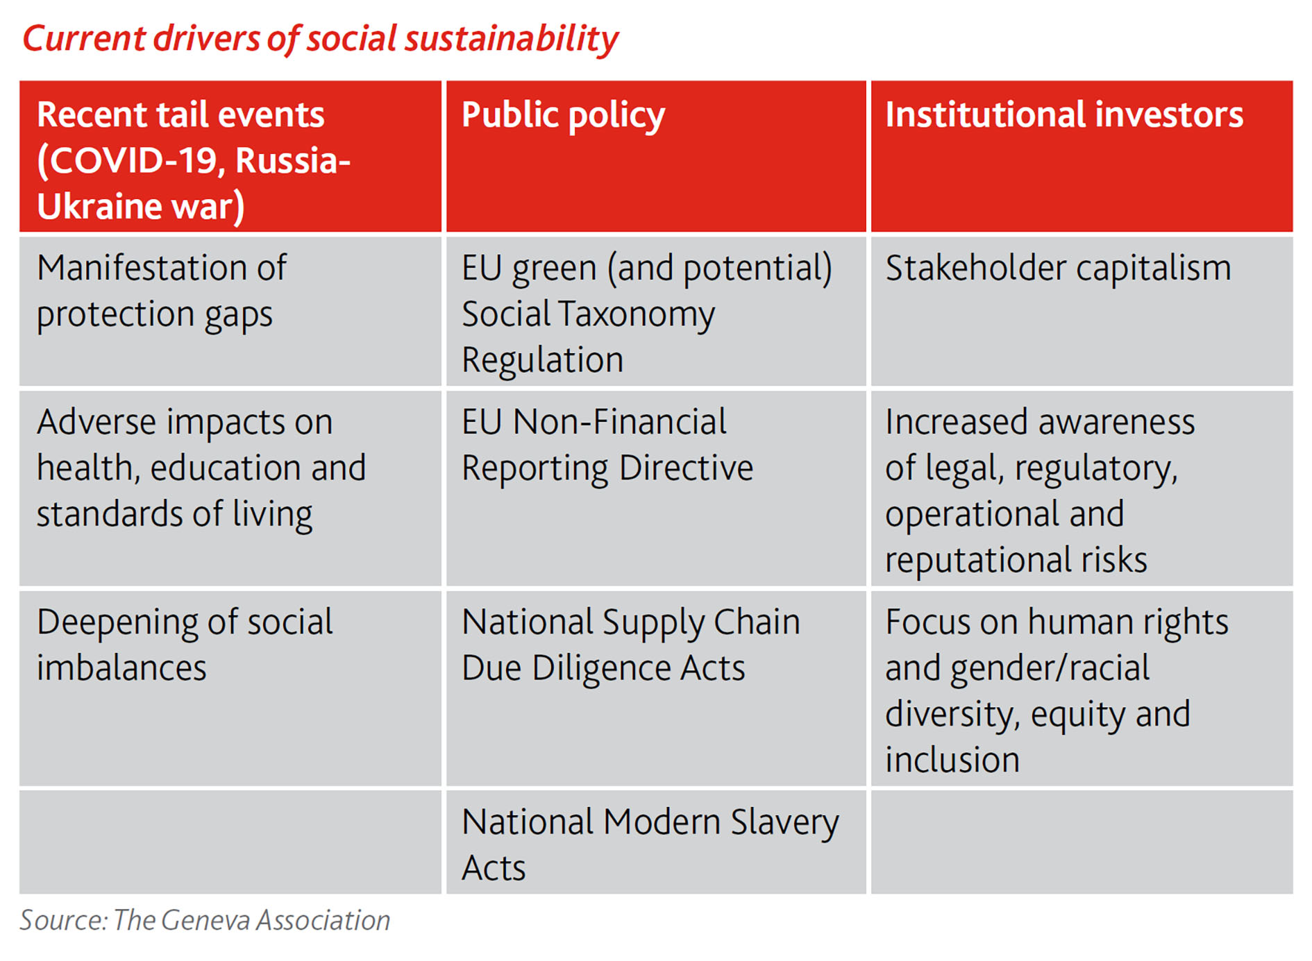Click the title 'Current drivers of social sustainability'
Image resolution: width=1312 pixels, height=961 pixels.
click(320, 39)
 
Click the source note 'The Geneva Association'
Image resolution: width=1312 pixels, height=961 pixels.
click(252, 920)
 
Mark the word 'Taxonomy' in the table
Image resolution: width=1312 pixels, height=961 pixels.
click(637, 316)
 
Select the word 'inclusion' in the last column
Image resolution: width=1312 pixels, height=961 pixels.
click(952, 760)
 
